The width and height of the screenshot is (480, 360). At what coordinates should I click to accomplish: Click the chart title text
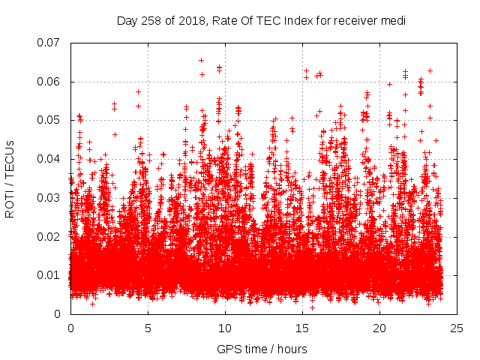261,21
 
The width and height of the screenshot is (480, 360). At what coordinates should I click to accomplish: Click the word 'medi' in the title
392,21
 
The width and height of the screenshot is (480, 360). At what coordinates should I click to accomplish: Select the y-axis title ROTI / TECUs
10,178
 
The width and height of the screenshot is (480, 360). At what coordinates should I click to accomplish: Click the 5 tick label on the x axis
148,328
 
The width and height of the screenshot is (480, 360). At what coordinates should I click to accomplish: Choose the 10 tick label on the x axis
225,328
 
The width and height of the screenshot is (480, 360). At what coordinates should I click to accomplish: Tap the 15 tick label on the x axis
302,328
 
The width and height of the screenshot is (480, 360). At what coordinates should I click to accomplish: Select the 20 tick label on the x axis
379,328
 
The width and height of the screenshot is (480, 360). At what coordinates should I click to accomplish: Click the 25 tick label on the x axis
457,328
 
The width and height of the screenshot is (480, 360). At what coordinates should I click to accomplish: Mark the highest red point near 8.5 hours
201,60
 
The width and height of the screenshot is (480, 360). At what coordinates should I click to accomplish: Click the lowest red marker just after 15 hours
312,307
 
